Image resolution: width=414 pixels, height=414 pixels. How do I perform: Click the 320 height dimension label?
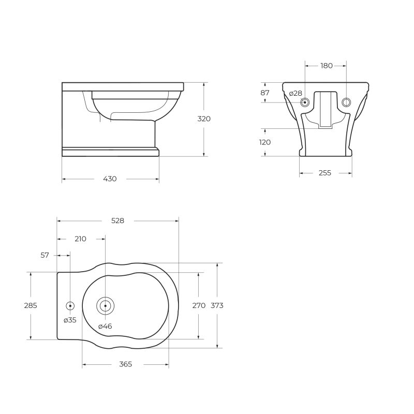(204, 119)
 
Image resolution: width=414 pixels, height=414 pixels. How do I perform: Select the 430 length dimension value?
(110, 179)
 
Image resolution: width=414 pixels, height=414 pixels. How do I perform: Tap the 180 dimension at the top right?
(326, 66)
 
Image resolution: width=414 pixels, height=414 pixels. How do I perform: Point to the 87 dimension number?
(265, 93)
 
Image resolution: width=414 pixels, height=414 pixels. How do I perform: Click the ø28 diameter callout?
(295, 94)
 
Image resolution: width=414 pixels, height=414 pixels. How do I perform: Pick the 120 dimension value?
(265, 142)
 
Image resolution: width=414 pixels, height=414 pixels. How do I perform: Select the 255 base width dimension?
(324, 173)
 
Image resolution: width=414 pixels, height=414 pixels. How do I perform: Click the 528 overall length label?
(118, 220)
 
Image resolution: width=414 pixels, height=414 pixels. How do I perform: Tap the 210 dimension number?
(80, 239)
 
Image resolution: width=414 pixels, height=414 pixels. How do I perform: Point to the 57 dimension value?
(45, 255)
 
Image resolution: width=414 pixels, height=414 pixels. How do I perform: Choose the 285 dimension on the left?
(31, 306)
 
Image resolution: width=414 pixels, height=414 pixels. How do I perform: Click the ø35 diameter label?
(70, 320)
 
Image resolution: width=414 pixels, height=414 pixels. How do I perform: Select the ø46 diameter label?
(105, 326)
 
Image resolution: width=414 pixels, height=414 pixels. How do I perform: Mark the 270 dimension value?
(199, 306)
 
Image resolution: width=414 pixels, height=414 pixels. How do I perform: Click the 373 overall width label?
(217, 306)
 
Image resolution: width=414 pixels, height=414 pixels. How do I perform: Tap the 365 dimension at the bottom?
(125, 364)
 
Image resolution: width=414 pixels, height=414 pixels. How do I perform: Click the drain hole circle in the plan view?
(105, 306)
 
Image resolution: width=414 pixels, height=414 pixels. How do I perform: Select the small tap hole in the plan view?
(70, 306)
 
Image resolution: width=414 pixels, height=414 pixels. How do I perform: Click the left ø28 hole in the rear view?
(305, 102)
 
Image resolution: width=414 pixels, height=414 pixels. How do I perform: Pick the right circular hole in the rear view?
(346, 102)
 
